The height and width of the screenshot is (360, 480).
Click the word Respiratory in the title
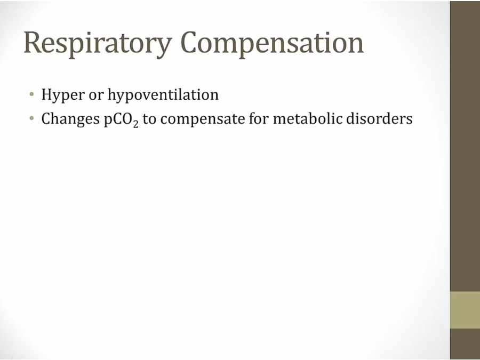coord(98,44)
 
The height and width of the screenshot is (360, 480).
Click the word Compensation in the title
coord(272,44)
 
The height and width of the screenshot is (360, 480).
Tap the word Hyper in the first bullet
coord(63,95)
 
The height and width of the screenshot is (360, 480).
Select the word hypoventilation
coord(163,95)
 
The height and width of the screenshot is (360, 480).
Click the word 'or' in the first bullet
coord(96,96)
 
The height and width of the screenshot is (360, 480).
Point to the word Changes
coord(70,119)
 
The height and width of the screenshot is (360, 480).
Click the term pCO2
coord(121,119)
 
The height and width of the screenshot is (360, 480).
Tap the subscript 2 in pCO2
coord(135,123)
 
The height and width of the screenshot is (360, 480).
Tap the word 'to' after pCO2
coord(149,119)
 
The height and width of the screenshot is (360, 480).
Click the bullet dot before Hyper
coord(31,94)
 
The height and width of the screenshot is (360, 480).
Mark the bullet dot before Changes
coord(31,118)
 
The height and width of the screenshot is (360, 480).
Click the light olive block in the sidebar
coord(465,310)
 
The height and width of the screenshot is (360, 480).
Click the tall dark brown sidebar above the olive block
coord(465,146)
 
